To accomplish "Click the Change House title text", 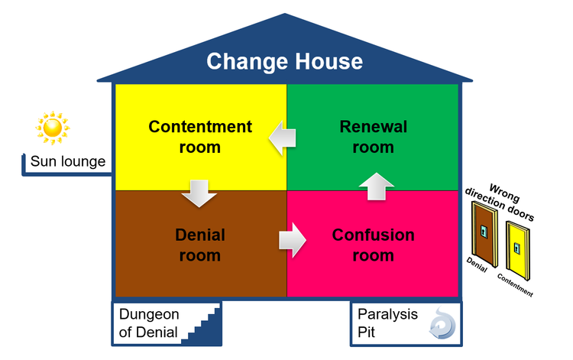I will (284, 60).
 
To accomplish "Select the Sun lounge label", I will (67, 162).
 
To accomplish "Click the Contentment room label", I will (199, 136).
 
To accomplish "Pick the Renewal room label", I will (373, 136).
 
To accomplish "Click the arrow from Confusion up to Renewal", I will (376, 186).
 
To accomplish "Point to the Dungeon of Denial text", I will (148, 323).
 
